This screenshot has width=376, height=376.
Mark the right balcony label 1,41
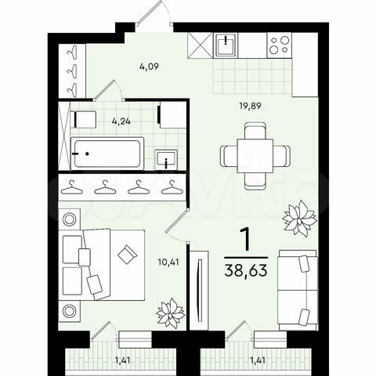[x=257, y=359]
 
